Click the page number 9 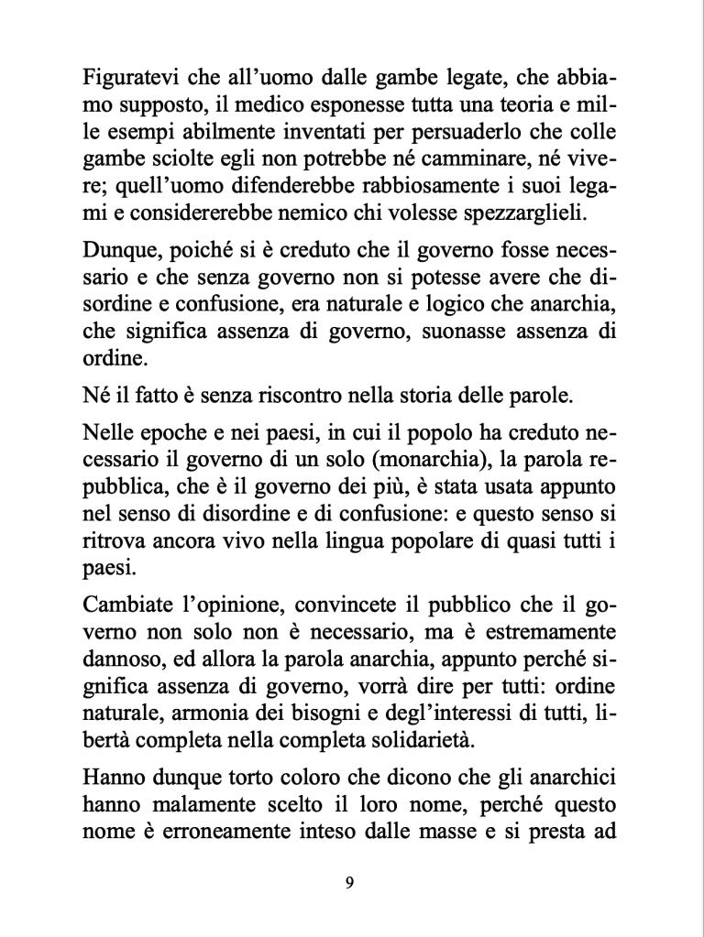[351, 882]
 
